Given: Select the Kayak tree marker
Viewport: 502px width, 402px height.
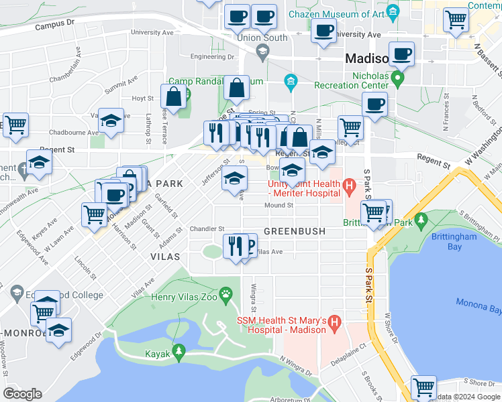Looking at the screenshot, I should click(x=179, y=350).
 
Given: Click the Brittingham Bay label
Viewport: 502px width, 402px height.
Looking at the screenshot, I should click(x=464, y=241).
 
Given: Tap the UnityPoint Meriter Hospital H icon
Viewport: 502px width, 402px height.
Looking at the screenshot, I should click(x=348, y=184).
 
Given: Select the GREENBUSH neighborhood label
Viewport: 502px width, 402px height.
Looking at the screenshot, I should click(x=295, y=231).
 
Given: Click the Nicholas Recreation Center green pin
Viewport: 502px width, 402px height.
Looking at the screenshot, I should click(x=397, y=80).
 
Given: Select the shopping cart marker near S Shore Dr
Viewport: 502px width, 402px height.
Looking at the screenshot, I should click(x=423, y=387).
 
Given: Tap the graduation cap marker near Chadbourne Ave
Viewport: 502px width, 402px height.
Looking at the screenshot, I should click(x=111, y=121).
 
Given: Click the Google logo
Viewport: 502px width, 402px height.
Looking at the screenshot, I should click(x=23, y=394).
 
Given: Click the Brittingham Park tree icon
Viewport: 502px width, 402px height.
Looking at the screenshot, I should click(x=421, y=220).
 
